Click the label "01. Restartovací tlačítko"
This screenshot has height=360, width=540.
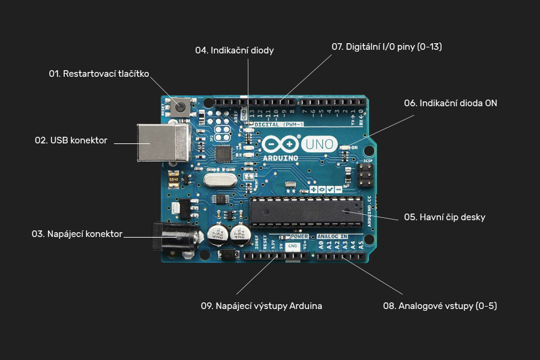coord(99,74)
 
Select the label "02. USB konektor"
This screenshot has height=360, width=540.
coord(71,140)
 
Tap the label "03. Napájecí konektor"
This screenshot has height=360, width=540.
coord(77,234)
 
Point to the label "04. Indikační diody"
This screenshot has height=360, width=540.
coord(235,50)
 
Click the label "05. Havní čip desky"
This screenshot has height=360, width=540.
coord(445,217)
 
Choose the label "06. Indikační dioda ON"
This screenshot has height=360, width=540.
coord(451,103)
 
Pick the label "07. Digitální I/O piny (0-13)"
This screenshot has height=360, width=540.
coord(387,47)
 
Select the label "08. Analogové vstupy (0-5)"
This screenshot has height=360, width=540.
coord(440,306)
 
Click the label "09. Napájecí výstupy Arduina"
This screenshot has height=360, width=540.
coord(262,306)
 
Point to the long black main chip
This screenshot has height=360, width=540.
coord(306,212)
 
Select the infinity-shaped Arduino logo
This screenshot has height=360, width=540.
coord(280,145)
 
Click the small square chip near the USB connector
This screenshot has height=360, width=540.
coord(224,154)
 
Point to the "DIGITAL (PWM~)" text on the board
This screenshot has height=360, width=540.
coord(279,124)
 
